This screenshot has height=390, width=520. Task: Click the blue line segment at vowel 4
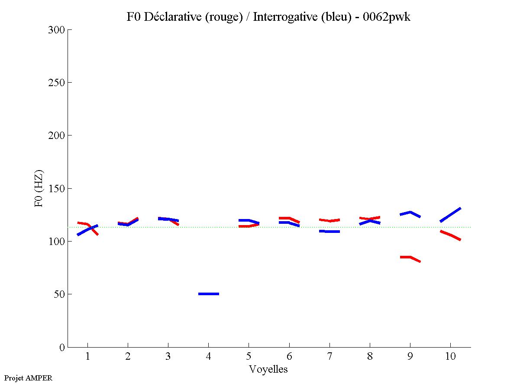[209, 294]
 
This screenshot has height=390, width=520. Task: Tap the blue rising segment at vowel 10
[450, 215]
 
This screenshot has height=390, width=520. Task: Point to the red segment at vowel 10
[450, 235]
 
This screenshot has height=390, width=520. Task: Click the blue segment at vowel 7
[329, 232]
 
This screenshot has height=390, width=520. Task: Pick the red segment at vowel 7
[329, 220]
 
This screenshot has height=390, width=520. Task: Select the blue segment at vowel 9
[410, 213]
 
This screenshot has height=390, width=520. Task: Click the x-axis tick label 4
[208, 357]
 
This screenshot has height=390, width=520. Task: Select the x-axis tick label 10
[450, 357]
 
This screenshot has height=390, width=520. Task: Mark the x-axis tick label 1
[87, 357]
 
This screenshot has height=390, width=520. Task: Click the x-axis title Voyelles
[268, 369]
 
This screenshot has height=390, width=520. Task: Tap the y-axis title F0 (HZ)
[39, 188]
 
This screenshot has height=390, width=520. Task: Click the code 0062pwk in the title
[386, 17]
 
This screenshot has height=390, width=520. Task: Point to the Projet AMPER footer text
[28, 378]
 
